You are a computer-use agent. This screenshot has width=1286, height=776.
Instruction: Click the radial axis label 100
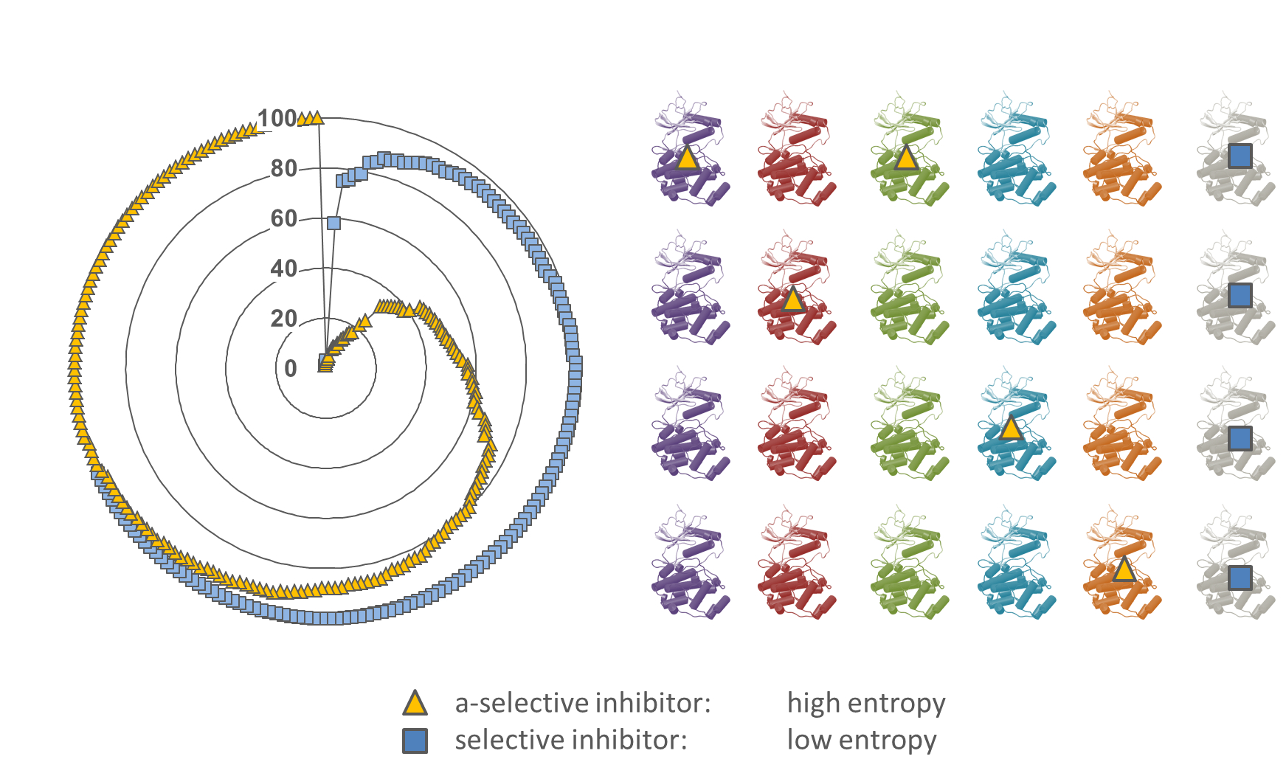(277, 118)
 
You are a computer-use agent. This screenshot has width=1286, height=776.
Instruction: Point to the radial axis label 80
(284, 168)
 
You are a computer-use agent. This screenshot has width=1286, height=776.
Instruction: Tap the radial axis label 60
(284, 218)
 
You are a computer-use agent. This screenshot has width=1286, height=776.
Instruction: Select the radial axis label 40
(284, 269)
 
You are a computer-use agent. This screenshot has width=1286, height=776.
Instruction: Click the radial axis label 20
(284, 319)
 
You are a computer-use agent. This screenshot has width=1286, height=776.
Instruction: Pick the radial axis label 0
(291, 368)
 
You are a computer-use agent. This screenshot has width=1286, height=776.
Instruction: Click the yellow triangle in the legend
(415, 703)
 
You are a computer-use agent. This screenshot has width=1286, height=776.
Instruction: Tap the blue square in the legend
(415, 741)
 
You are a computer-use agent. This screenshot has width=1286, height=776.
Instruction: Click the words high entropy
(866, 704)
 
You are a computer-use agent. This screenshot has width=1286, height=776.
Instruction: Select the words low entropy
(862, 740)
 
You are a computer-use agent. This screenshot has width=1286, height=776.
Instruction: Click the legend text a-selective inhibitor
(582, 703)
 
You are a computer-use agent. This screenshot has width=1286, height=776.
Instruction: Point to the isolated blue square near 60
(333, 223)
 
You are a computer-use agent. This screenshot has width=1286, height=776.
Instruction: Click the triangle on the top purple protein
(687, 157)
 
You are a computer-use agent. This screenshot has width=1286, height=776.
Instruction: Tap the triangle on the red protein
(792, 299)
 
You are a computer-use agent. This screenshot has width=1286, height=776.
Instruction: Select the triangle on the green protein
(906, 157)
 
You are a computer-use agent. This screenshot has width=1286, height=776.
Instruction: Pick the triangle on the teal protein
(1011, 428)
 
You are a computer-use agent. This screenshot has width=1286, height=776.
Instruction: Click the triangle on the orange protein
(1123, 569)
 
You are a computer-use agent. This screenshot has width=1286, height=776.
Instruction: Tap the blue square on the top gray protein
(1240, 156)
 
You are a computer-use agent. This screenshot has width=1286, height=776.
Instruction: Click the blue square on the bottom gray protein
(1240, 578)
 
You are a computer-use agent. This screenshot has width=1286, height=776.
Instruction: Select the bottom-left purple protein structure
(689, 561)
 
